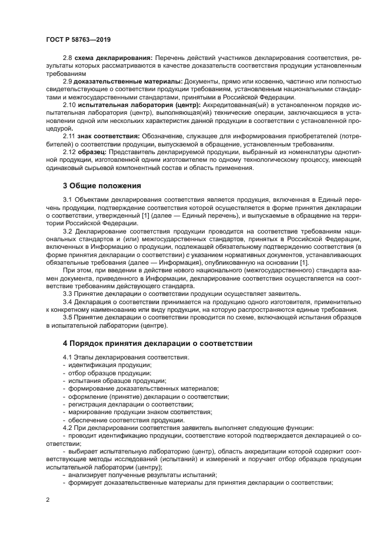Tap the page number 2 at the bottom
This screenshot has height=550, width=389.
[47, 500]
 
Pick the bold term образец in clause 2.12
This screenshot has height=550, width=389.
[91, 152]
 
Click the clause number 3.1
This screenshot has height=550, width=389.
[68, 201]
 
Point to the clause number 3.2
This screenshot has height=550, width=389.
[68, 232]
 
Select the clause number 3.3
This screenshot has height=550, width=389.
[68, 293]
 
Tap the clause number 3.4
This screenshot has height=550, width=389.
[68, 302]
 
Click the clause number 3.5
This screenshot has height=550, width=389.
[68, 318]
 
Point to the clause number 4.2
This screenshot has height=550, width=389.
[68, 428]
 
